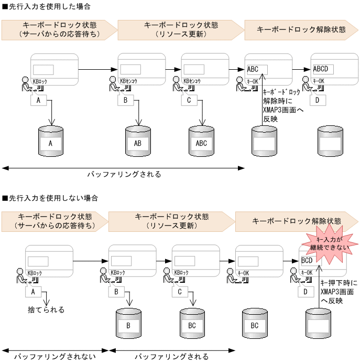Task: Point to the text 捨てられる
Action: click(x=46, y=309)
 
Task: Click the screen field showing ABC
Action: click(x=256, y=69)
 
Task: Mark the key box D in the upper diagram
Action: click(x=318, y=100)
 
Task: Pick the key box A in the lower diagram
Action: click(x=33, y=291)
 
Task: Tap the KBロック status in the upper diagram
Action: click(x=41, y=82)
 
